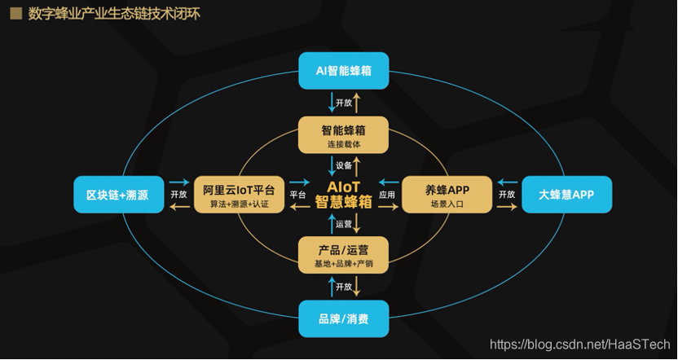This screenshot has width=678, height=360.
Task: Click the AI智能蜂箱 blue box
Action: [x=343, y=71]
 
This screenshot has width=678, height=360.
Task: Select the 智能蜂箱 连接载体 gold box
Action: [x=343, y=134]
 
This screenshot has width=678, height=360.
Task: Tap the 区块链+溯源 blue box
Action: [x=117, y=195]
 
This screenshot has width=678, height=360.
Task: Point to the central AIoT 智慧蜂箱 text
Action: [x=343, y=195]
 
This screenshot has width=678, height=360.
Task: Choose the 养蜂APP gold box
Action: [x=447, y=195]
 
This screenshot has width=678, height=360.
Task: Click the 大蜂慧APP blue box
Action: [x=566, y=195]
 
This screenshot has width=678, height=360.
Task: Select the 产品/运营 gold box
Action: [x=343, y=254]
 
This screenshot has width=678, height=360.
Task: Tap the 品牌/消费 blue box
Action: [x=343, y=318]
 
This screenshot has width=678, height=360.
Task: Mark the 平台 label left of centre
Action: [x=297, y=195]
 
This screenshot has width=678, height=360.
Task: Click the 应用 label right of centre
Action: [x=387, y=195]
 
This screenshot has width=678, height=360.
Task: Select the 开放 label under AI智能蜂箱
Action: [x=344, y=103]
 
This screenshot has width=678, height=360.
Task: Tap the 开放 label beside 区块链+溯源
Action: [x=178, y=195]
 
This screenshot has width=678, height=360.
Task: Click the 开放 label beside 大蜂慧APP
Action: [x=507, y=195]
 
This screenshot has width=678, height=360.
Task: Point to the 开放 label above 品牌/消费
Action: [x=344, y=287]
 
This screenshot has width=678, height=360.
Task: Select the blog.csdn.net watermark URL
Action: [x=579, y=345]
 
